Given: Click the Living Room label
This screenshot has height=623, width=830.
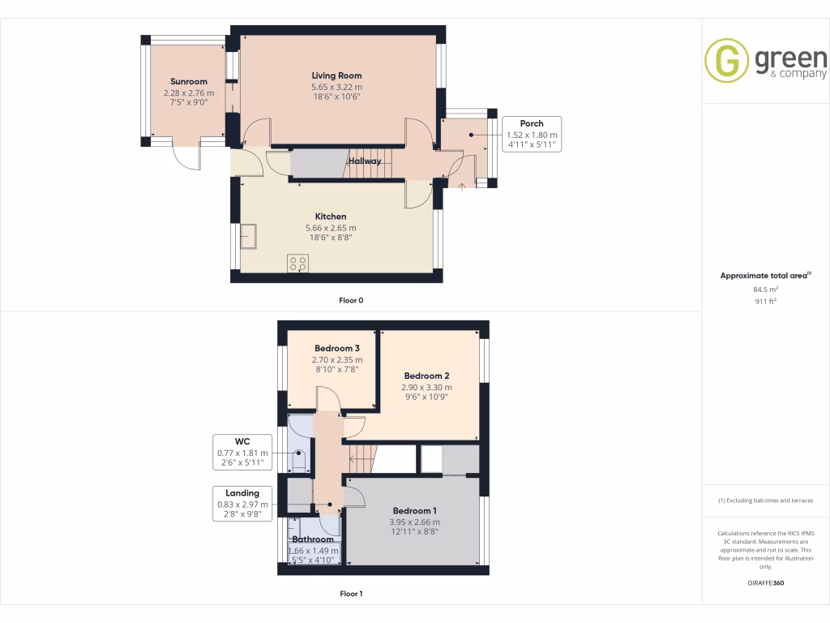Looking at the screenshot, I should click(336, 75).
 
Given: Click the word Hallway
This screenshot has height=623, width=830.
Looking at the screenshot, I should click(365, 161).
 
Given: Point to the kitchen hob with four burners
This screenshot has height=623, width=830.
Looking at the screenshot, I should click(297, 263).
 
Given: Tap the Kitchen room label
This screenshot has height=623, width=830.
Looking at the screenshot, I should click(331, 217).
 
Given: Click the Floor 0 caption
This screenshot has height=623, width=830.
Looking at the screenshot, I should click(351, 300).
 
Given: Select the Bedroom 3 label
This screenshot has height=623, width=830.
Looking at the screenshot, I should click(337, 348).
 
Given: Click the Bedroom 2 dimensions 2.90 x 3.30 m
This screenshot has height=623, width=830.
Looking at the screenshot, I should click(426, 387).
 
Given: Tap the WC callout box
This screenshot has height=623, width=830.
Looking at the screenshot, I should click(242, 453).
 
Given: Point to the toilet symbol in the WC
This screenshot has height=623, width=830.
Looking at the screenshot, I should click(298, 462).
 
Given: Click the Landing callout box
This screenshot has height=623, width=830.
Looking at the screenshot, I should click(242, 504).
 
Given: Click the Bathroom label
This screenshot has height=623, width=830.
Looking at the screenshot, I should click(313, 539).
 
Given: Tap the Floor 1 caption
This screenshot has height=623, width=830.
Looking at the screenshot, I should click(351, 594).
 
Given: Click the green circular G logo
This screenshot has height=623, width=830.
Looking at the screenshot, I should click(726, 61).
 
